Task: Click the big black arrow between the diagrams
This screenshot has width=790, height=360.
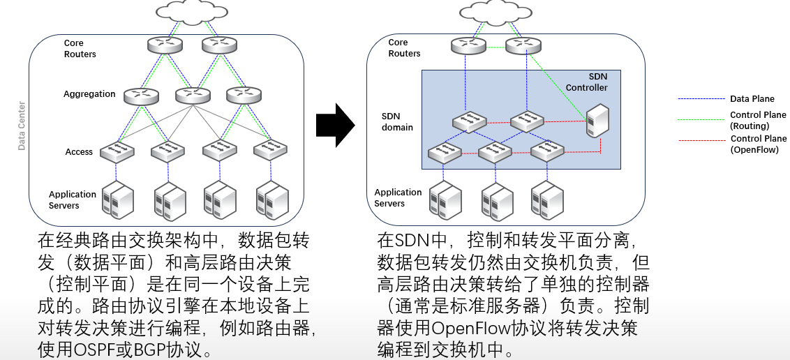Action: pos(335,126)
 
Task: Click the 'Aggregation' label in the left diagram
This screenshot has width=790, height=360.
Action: pos(89,94)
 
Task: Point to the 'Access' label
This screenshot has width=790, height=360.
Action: pos(79,152)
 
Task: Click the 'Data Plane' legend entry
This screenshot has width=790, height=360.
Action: pos(752,99)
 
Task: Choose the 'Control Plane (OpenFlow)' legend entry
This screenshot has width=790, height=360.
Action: pos(758,144)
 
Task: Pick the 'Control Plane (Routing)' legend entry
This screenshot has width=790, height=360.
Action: pos(758,120)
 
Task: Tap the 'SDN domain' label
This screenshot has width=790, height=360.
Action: pos(397,121)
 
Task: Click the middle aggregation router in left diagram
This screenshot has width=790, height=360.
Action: pos(193,95)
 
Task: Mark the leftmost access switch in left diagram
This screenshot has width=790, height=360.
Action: pos(117,149)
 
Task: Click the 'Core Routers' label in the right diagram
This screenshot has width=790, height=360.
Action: pos(404,48)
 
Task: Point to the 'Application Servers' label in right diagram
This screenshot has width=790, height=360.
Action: pos(398,197)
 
